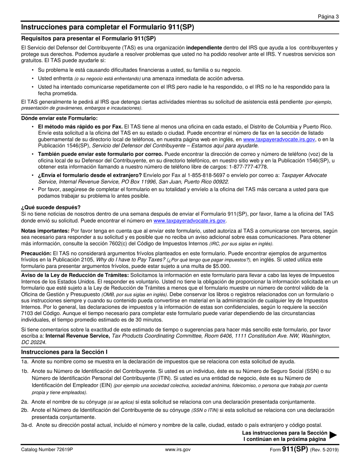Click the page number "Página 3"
328,16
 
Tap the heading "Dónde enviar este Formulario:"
54,118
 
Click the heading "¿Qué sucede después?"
51,207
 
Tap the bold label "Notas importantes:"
45,231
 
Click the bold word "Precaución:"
36,253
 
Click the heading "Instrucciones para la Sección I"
64,352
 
